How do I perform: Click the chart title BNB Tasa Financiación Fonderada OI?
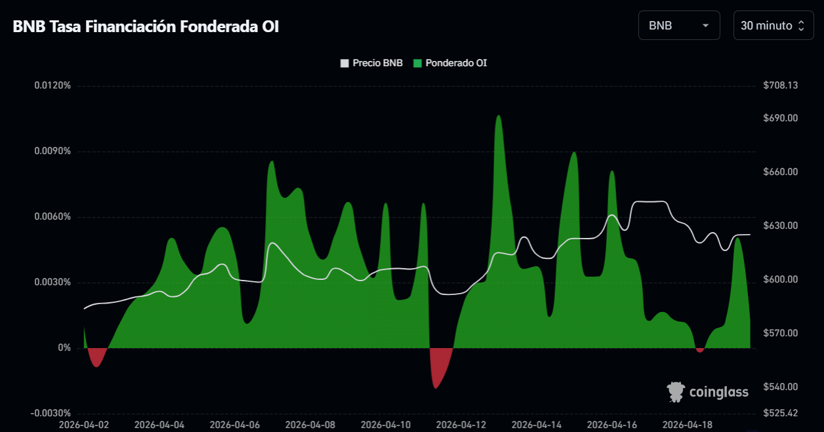click(146, 26)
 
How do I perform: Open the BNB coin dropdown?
click(679, 26)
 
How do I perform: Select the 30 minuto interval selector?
click(773, 26)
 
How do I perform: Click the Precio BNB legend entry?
click(371, 63)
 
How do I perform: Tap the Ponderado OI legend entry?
click(450, 63)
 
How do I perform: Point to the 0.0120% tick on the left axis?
click(52, 86)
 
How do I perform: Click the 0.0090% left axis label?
click(52, 151)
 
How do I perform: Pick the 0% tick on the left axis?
click(64, 348)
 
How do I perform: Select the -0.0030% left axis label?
click(51, 413)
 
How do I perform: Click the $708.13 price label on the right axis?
click(781, 86)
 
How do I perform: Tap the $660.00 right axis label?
click(781, 172)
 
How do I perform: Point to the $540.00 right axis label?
click(781, 387)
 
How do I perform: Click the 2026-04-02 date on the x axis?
click(84, 425)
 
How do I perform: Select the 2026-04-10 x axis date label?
click(386, 425)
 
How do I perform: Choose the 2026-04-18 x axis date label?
click(688, 425)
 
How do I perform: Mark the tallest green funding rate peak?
click(499, 116)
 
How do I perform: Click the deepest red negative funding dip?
click(436, 387)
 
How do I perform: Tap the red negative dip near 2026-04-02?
click(96, 365)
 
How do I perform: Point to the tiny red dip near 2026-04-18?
click(699, 350)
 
